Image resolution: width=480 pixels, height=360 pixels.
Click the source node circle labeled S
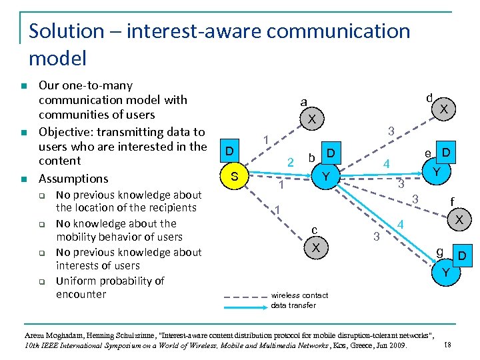click(x=233, y=177)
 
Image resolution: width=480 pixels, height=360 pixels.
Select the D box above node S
click(x=229, y=151)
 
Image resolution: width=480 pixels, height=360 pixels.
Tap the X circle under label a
click(x=311, y=119)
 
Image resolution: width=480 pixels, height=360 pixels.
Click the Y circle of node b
click(x=325, y=177)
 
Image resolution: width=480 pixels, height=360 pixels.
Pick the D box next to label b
click(x=330, y=155)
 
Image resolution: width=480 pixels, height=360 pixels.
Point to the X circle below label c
click(x=317, y=247)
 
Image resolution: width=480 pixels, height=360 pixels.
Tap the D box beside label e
click(x=447, y=153)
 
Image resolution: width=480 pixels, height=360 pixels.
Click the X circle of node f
click(x=459, y=219)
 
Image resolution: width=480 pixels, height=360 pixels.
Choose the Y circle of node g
click(x=445, y=273)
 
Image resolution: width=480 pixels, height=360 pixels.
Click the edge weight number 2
click(x=289, y=162)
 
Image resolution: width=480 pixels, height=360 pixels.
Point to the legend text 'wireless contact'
click(x=299, y=295)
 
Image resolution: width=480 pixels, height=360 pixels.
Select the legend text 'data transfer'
click(x=293, y=305)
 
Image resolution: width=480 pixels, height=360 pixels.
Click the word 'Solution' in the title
click(x=67, y=31)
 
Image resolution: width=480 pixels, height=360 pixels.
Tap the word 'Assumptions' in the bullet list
click(x=73, y=179)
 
